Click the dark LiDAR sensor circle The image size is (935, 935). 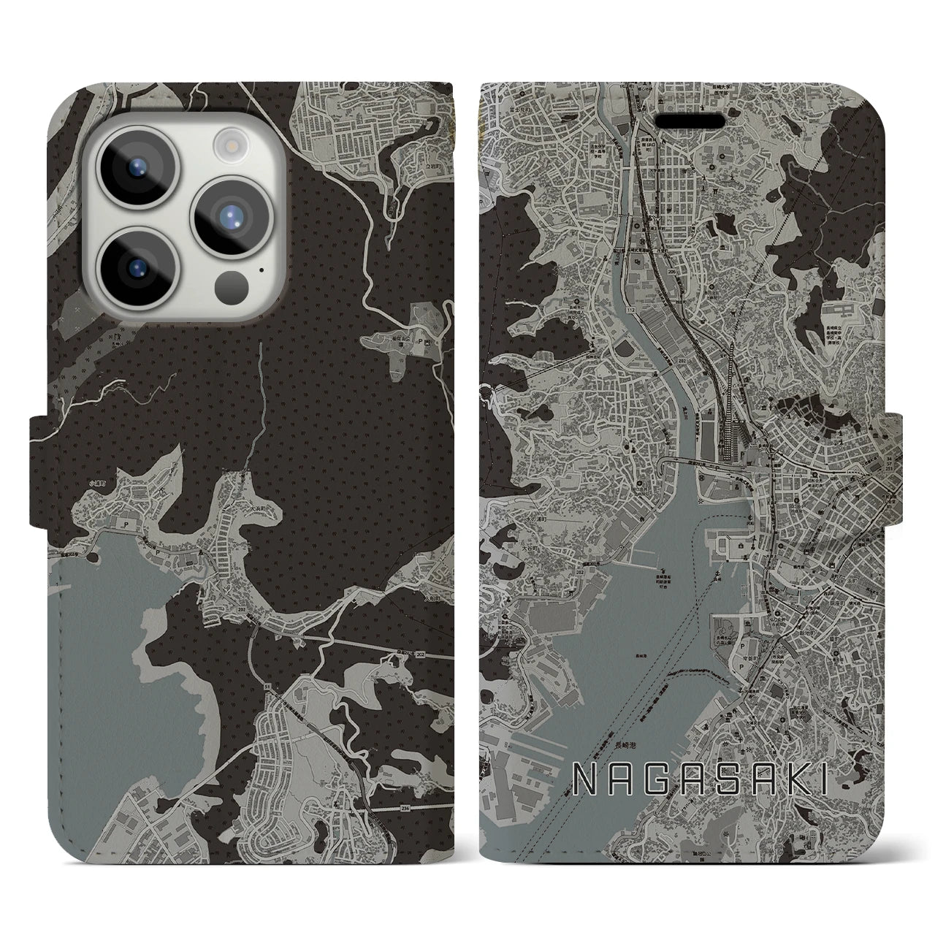(x=232, y=281)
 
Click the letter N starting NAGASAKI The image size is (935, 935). (x=585, y=782)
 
